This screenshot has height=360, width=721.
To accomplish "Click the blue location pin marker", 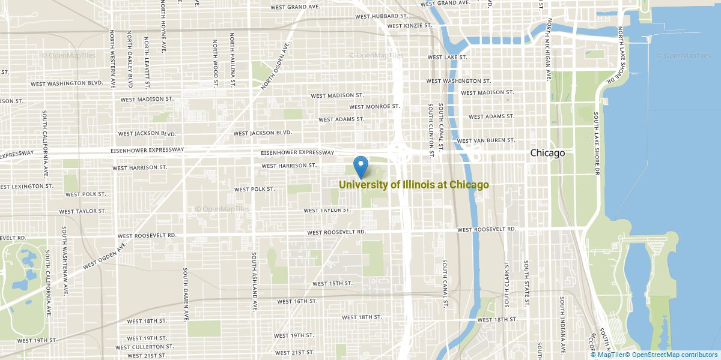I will tap(360, 166).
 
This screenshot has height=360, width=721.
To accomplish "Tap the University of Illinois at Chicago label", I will tap(413, 185).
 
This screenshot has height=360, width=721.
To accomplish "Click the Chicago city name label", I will tap(547, 153).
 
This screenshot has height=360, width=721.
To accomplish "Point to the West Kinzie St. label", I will tap(410, 26).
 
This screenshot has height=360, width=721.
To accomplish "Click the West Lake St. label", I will tap(447, 57).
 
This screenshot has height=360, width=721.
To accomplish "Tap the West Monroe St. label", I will tap(374, 106).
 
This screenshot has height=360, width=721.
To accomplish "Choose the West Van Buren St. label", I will tap(486, 140).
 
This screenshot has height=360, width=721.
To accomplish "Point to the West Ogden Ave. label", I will tap(106, 256).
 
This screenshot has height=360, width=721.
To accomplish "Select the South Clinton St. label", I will tap(431, 130).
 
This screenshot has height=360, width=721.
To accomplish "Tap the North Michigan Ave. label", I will tap(549, 50).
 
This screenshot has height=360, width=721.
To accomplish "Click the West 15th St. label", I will tap(332, 283).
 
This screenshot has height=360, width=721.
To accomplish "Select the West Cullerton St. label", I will tap(144, 347).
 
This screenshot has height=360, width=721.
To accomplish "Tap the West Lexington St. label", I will tap(27, 186).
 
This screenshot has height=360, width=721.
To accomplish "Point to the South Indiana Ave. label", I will tap(562, 324).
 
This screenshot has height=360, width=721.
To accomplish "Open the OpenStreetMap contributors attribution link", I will tap(675, 355).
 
